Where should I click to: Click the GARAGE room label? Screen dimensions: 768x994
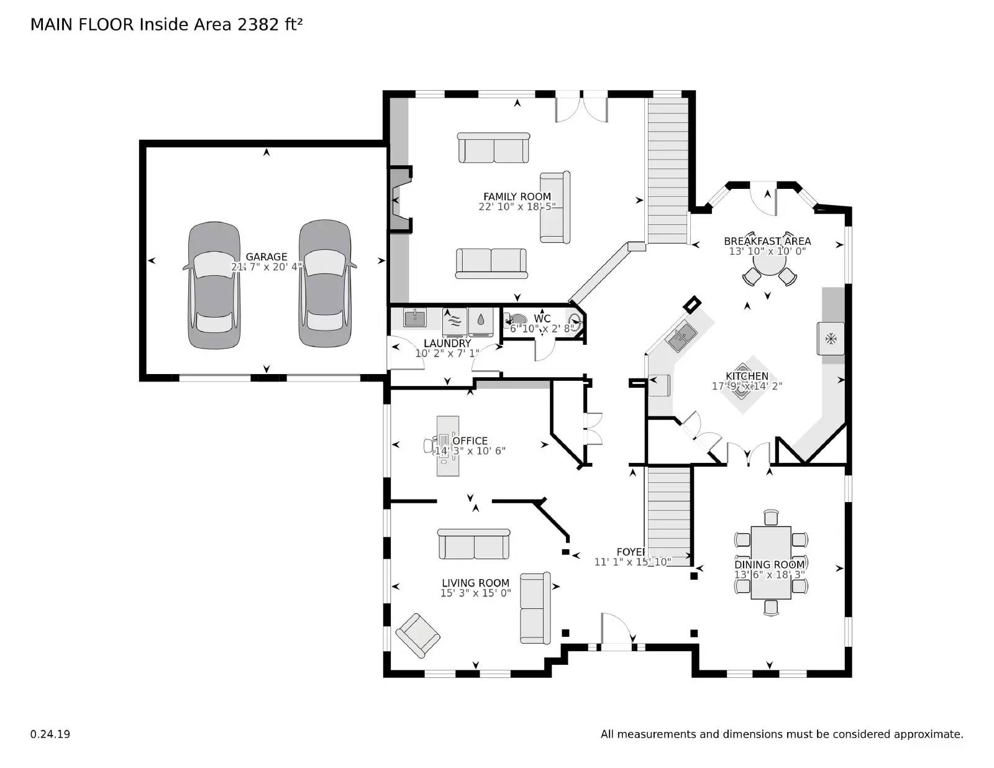[x=266, y=257]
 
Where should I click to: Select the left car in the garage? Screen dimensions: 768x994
[x=214, y=285]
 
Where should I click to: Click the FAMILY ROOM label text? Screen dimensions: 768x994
[x=517, y=196]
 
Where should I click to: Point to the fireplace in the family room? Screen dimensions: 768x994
[x=399, y=200]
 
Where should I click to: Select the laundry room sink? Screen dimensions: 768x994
[x=414, y=318]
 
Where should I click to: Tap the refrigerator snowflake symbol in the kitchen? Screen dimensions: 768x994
[x=830, y=339]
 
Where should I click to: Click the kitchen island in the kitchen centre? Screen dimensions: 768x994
[x=747, y=385]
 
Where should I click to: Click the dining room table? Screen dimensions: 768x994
[x=770, y=562]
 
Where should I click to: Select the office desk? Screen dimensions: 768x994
[x=447, y=446]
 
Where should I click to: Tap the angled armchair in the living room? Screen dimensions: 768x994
[x=417, y=635]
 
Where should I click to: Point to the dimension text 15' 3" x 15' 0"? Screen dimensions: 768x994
[x=475, y=593]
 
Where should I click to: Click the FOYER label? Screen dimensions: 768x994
[x=631, y=552]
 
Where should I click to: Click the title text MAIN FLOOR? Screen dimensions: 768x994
[x=82, y=25]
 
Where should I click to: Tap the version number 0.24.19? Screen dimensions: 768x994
[x=50, y=734]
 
